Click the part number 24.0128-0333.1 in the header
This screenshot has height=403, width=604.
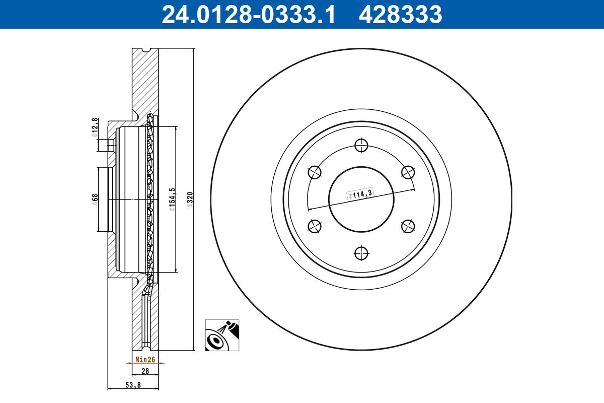click(x=248, y=14)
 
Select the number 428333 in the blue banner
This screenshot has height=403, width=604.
click(x=400, y=14)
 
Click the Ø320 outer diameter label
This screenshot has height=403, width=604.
click(x=190, y=199)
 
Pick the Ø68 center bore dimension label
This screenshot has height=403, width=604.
click(x=94, y=199)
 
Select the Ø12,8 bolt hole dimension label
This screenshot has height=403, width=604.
click(x=94, y=128)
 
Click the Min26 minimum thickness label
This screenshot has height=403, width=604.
click(x=144, y=360)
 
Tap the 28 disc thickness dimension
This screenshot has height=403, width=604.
click(x=145, y=371)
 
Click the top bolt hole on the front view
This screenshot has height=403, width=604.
click(x=361, y=146)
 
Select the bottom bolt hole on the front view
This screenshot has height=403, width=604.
click(x=361, y=253)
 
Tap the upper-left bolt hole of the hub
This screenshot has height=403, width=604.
click(x=315, y=172)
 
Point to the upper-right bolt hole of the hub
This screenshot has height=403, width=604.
click(x=408, y=172)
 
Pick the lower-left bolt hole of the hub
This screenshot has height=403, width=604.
click(x=315, y=226)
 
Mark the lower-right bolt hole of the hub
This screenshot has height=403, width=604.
click(x=408, y=226)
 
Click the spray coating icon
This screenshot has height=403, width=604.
click(x=222, y=335)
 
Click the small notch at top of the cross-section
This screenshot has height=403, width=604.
click(x=146, y=50)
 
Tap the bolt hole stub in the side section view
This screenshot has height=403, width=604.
click(x=111, y=145)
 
